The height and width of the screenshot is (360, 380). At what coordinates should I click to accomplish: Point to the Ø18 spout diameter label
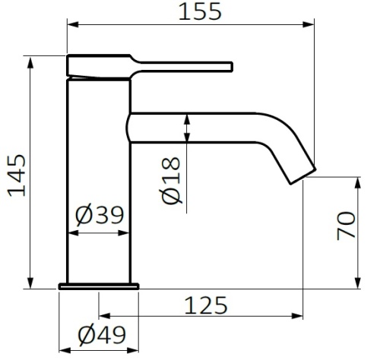pos(172,181)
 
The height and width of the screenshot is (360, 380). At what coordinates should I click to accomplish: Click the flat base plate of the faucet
pos(100,286)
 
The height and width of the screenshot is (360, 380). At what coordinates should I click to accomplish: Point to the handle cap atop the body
pos(99,65)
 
